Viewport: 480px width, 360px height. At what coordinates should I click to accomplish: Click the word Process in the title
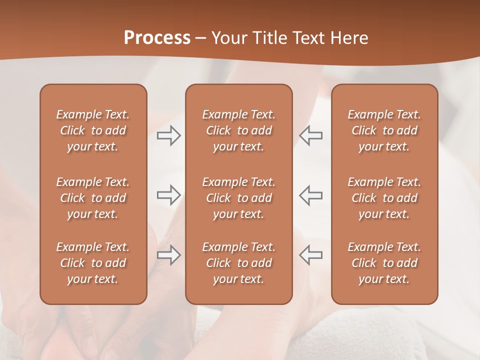point(157,38)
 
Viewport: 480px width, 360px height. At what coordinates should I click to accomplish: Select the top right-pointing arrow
point(168,135)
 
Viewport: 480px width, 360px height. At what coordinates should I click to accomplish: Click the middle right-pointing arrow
point(168,195)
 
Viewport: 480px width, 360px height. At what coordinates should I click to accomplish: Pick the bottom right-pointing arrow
point(168,255)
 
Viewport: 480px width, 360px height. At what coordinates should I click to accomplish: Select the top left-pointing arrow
point(311,135)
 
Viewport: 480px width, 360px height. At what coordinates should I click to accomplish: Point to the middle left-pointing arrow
point(311,195)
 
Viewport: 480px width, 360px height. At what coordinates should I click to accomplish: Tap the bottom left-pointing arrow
point(311,255)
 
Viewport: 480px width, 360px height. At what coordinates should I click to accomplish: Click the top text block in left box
point(93,130)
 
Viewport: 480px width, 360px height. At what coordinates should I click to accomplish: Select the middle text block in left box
point(93,198)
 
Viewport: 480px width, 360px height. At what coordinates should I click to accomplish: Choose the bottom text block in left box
point(93,263)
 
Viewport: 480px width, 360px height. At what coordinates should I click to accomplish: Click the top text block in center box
point(238,130)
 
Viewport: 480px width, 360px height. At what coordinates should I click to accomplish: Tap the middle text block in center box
point(238,198)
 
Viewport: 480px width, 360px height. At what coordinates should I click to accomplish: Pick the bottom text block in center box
point(238,263)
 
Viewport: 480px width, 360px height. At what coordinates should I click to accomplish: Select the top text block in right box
point(384,130)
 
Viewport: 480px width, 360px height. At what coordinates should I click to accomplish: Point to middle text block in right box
point(384,198)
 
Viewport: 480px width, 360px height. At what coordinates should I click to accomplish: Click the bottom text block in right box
point(384,263)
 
